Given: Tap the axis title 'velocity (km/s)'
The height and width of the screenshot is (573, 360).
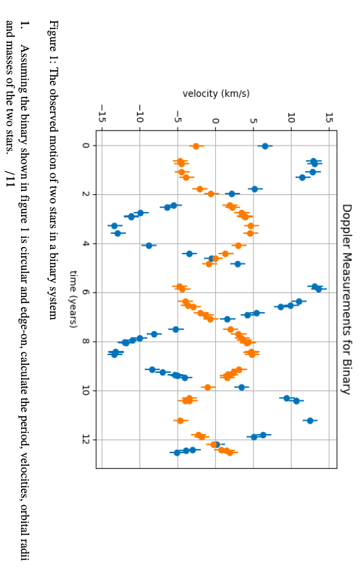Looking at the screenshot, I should [216, 94].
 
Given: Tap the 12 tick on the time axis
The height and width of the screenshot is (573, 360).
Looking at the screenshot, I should [86, 439].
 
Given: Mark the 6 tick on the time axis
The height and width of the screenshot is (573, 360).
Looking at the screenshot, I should [86, 292].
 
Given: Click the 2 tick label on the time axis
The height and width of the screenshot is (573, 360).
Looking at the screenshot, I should [86, 194].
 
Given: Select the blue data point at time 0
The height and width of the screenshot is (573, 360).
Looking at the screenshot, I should [265, 146].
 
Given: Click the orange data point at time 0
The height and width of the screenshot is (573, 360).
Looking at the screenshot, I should [195, 146].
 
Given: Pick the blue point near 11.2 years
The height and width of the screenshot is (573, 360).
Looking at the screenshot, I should [310, 420].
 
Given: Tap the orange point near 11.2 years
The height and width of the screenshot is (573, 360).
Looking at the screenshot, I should [180, 420].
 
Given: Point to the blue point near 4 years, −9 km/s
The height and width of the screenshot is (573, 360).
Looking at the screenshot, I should [149, 245].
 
